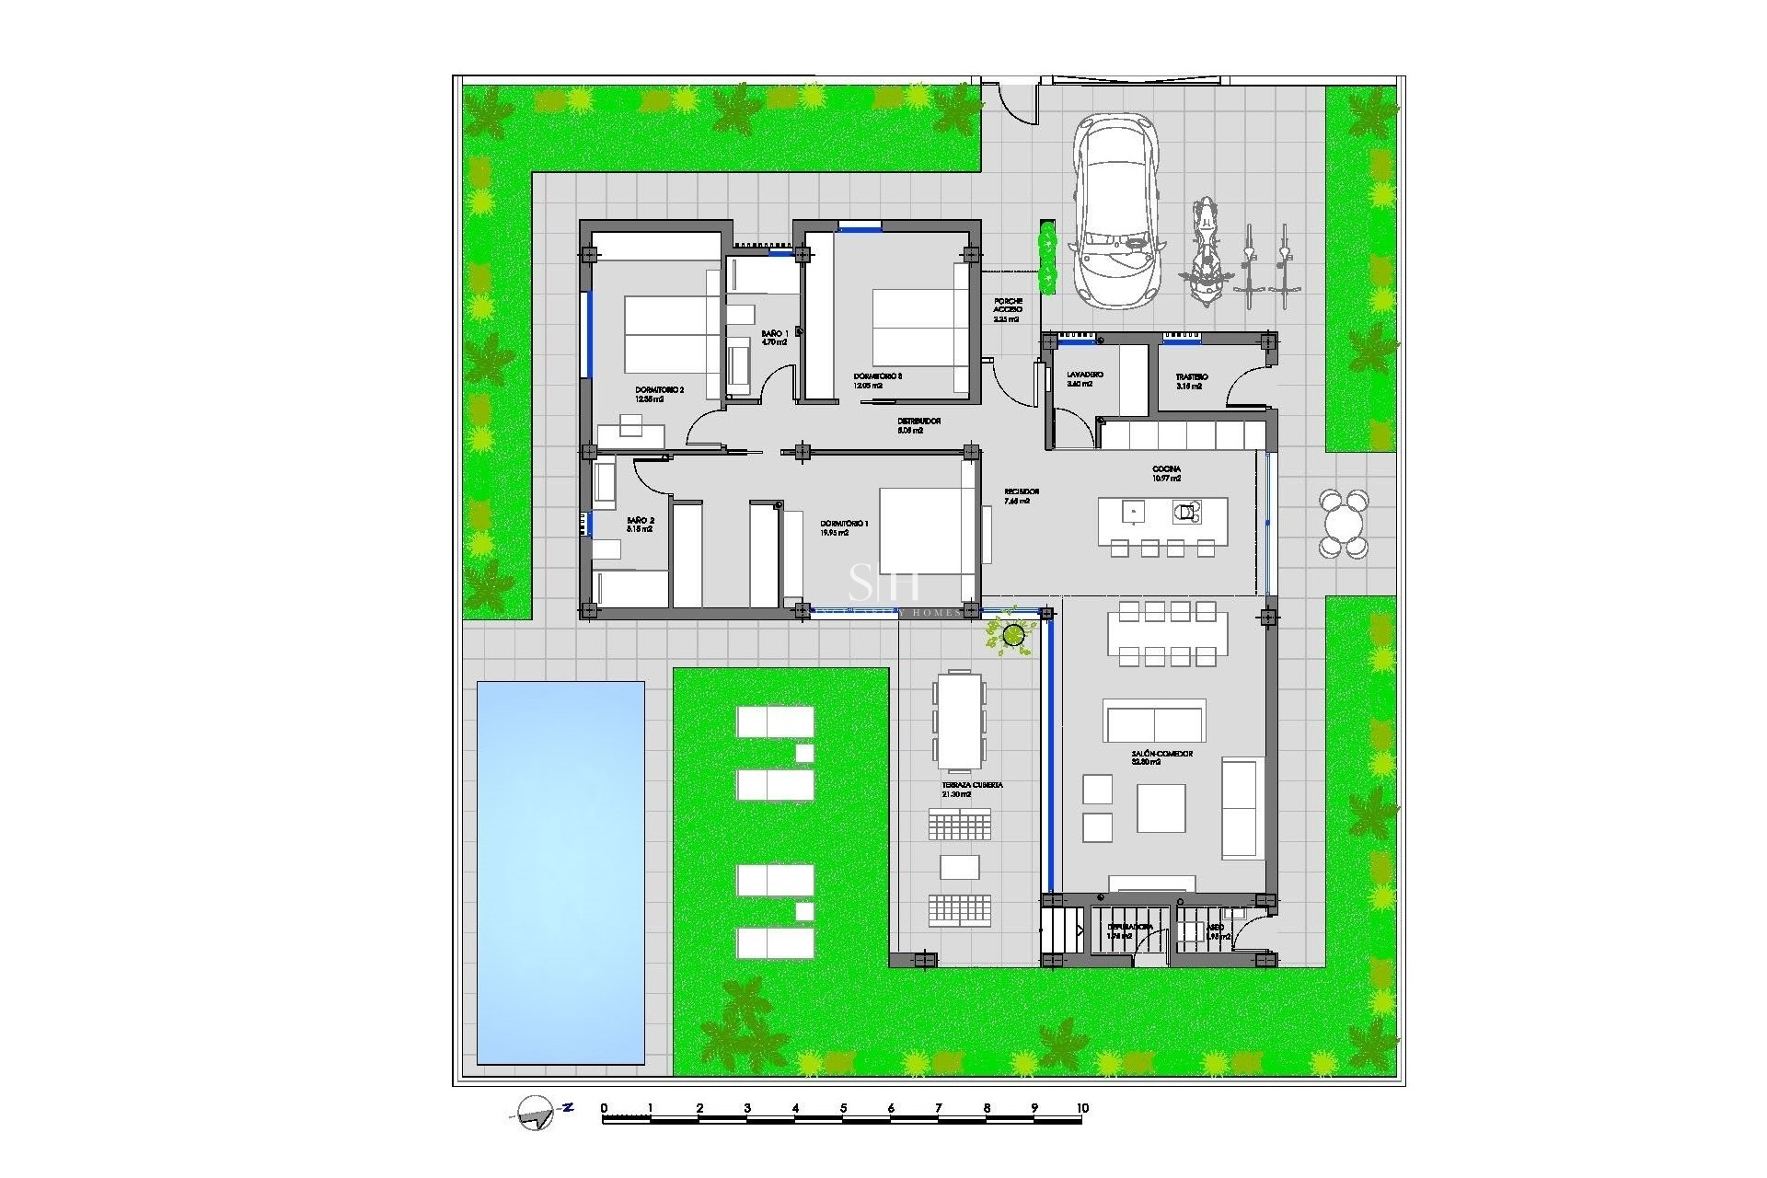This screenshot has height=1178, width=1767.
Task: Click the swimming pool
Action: tap(560, 872)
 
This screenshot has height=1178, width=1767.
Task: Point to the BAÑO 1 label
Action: tap(774, 333)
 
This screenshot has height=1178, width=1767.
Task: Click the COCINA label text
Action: tap(1166, 469)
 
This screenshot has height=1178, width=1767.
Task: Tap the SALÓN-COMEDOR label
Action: tap(1161, 754)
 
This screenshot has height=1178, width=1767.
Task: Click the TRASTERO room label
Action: tap(1192, 377)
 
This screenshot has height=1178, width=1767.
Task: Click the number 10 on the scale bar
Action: tap(1082, 1108)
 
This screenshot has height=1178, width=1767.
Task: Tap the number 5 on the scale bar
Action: tap(843, 1108)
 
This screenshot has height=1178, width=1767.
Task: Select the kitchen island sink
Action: tap(1134, 512)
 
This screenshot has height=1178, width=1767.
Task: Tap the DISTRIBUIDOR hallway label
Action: tap(918, 422)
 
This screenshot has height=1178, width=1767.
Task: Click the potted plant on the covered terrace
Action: tap(1013, 634)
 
